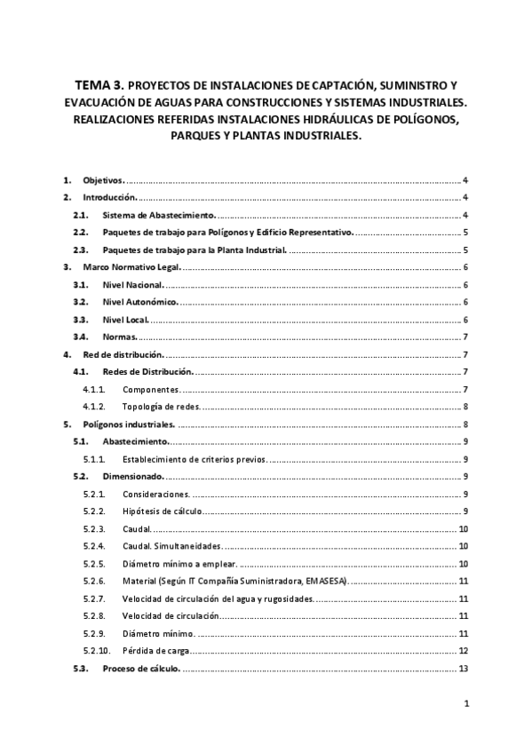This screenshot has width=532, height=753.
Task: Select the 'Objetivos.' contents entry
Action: tap(103, 179)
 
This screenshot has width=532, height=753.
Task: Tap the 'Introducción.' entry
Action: tap(109, 197)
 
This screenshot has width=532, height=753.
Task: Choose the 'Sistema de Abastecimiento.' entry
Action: tap(158, 215)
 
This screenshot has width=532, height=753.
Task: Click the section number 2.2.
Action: tap(80, 232)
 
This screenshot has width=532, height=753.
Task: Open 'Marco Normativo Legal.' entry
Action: tap(131, 267)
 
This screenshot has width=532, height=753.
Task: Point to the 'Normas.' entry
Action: tap(119, 337)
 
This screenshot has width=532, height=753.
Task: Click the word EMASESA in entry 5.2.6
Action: tap(327, 581)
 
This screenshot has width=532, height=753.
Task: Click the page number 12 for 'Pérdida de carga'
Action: tap(464, 651)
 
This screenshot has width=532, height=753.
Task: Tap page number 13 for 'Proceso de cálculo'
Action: tap(464, 668)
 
